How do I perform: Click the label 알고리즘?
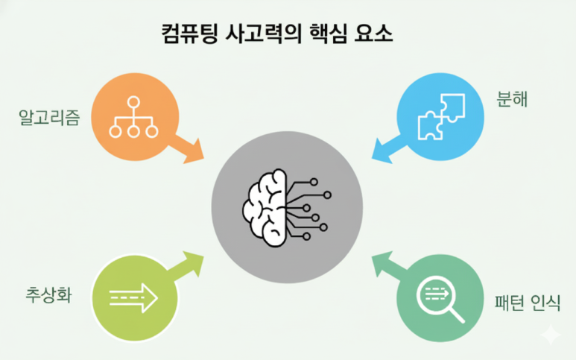[49, 117]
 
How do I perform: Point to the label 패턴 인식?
[527, 303]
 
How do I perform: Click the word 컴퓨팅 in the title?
[189, 34]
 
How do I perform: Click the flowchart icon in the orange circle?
[134, 117]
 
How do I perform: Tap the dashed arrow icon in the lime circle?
[134, 298]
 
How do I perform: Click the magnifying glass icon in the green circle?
[440, 298]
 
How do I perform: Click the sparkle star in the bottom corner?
[551, 335]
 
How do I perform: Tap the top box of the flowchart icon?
[134, 103]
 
